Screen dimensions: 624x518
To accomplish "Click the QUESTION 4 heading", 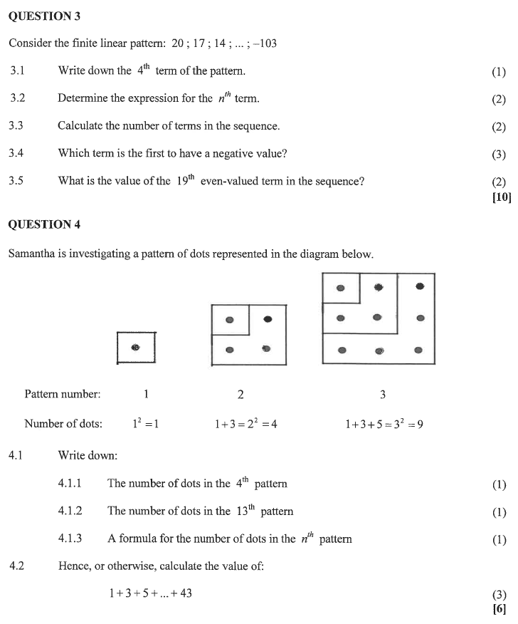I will [x=44, y=224].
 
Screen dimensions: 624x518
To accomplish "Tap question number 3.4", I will [x=16, y=153].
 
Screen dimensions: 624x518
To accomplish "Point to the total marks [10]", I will [x=502, y=197].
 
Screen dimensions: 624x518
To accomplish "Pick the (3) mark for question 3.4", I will [x=499, y=154].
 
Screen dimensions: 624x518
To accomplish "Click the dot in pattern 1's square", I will [x=135, y=348].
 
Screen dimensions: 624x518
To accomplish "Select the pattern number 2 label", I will [x=240, y=394].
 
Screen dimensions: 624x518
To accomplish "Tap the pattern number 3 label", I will [x=383, y=394].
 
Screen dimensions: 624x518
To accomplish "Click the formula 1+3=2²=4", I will [x=245, y=424].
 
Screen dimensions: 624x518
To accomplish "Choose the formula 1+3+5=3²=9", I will [x=384, y=424].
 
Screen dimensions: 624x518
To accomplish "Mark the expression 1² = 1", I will [x=145, y=424].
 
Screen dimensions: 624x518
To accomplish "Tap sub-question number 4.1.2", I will [x=70, y=511].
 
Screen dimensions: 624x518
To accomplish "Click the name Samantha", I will [x=33, y=254].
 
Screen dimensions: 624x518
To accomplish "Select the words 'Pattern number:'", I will [x=63, y=394].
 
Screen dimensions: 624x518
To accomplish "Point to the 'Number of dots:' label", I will [x=63, y=424].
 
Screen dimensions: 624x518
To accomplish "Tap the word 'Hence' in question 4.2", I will [x=74, y=567].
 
